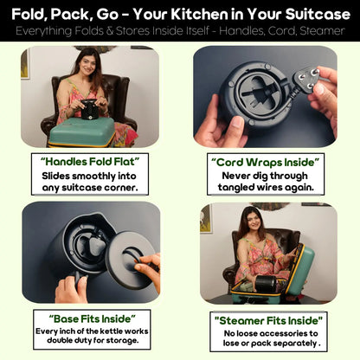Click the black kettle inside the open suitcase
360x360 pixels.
[x=256, y=281]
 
